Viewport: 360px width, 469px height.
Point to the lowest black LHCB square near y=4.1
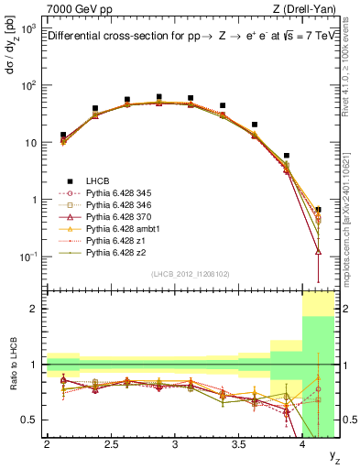tap(318, 210)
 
